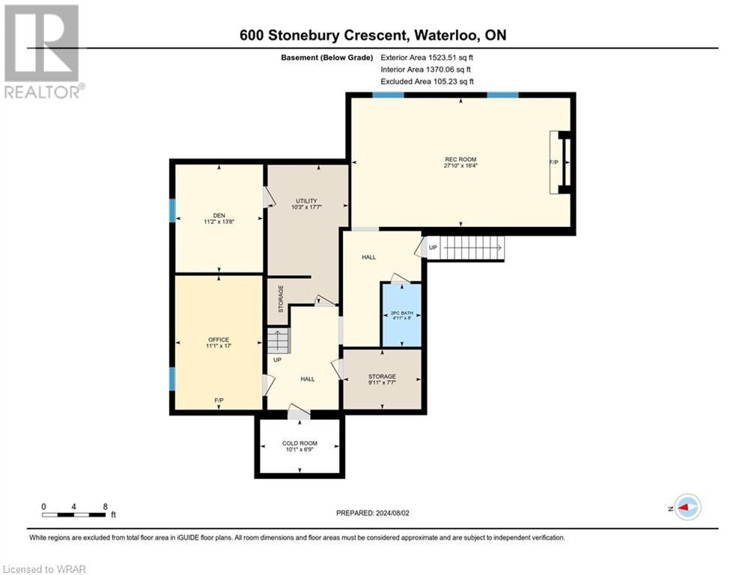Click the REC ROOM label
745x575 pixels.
(460, 159)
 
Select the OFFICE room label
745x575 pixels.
(219, 340)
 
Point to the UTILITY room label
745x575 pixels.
(306, 201)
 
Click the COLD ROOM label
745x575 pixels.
(299, 443)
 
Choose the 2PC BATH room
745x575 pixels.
(402, 314)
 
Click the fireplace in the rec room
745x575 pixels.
(562, 162)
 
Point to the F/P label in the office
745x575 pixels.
(219, 401)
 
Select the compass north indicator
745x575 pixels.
(687, 507)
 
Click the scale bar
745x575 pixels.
(74, 514)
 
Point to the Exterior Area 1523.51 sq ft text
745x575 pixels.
(428, 58)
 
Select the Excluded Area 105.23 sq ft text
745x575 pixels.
(428, 82)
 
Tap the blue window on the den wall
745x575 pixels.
(172, 210)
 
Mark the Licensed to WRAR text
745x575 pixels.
(44, 569)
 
